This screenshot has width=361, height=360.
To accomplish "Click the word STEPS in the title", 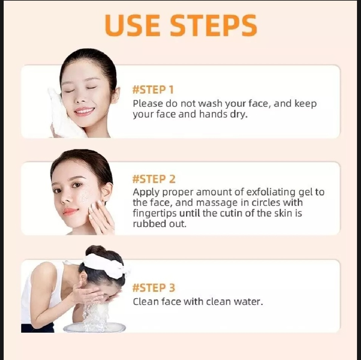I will (214, 25).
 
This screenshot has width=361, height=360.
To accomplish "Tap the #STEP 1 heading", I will (153, 90).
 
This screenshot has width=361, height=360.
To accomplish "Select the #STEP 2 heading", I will (154, 179).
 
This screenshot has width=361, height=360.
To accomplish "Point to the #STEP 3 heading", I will (154, 288).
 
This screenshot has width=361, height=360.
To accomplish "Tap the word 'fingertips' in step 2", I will (155, 213).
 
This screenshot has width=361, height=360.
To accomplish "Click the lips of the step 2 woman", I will (71, 211).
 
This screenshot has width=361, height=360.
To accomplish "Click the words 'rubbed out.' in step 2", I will (159, 224).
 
